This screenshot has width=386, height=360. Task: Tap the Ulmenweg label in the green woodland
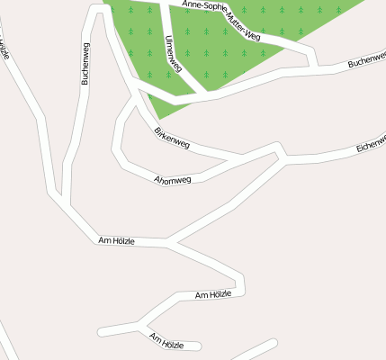coord(174,54)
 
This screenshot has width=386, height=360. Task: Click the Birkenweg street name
coord(172,138)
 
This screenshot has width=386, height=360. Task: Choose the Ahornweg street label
coord(173,180)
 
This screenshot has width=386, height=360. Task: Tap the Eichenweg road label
coord(371,143)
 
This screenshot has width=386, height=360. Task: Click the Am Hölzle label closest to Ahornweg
coord(117,240)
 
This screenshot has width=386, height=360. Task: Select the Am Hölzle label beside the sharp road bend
coord(214,294)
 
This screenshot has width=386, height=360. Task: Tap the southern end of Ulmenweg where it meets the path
coord(200,90)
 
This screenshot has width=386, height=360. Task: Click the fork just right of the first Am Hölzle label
coord(167,242)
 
